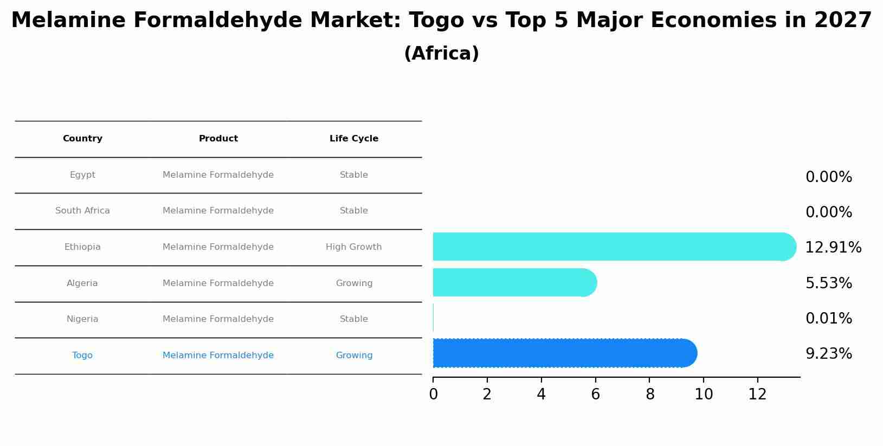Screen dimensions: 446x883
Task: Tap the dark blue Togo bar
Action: point(564,353)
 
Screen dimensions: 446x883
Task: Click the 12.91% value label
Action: point(833,248)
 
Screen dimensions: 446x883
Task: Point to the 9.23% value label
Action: point(828,354)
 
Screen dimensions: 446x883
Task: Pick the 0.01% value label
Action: point(828,319)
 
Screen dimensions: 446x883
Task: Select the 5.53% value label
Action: point(828,283)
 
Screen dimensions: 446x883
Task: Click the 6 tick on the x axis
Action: point(595,395)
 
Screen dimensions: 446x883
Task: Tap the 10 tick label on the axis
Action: point(704,395)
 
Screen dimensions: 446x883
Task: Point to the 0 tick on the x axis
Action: point(433,395)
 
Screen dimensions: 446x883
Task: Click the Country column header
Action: point(82,139)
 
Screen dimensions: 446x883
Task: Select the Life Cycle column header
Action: point(354,139)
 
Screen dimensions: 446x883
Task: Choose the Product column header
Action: point(218,139)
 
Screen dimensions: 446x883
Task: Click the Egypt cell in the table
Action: point(82,175)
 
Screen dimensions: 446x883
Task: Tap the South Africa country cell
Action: point(82,211)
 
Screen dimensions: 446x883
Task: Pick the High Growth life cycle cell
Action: point(354,247)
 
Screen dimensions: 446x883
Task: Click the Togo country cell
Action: point(82,355)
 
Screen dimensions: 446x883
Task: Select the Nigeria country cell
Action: point(82,319)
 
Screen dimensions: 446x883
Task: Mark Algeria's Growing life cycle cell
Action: point(354,283)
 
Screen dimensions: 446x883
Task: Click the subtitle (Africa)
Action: point(441,54)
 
